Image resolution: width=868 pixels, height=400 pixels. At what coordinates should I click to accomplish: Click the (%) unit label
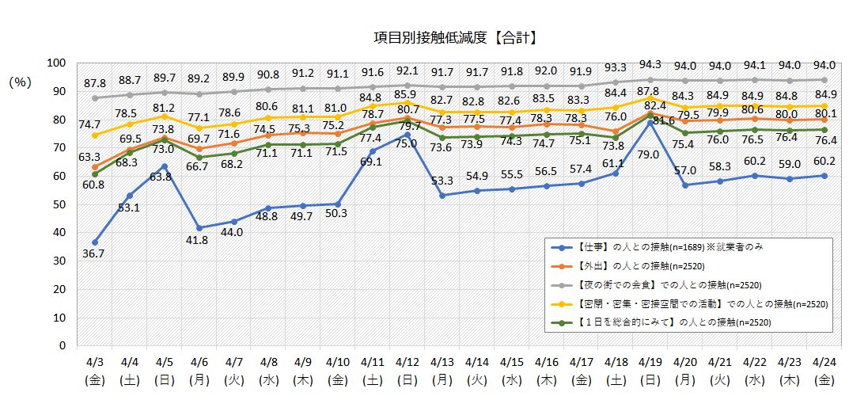pyautogui.click(x=20, y=82)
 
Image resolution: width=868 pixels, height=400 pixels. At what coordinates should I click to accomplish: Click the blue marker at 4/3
pyautogui.click(x=95, y=242)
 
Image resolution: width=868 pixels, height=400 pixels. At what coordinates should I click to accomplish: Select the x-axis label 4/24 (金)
pyautogui.click(x=824, y=371)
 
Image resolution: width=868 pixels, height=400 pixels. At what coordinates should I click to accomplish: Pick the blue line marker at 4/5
pyautogui.click(x=164, y=166)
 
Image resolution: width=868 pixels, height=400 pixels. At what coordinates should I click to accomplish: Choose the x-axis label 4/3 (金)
pyautogui.click(x=95, y=371)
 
